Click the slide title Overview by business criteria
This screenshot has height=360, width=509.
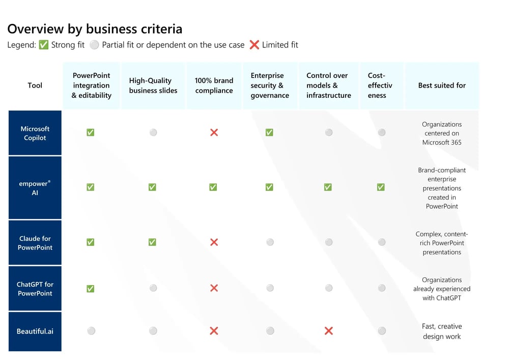(95, 29)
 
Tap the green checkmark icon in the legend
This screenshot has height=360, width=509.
(43, 44)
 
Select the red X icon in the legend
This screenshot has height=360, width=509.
(254, 44)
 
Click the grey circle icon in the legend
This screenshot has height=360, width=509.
(94, 44)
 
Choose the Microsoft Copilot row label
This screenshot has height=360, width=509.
(35, 133)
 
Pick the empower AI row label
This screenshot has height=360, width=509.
(35, 188)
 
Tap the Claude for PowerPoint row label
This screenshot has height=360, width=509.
(35, 243)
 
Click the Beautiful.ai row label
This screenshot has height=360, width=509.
(35, 331)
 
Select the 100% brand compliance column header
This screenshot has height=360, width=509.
(214, 86)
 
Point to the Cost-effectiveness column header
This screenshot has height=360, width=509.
(380, 86)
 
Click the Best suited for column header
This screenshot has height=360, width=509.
(442, 86)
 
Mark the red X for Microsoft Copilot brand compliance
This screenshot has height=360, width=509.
(214, 132)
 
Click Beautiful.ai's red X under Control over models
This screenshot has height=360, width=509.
(328, 331)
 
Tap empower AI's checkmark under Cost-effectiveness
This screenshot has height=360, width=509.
(381, 187)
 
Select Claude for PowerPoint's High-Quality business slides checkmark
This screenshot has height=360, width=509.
(152, 242)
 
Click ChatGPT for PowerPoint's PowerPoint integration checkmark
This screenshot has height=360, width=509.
(91, 289)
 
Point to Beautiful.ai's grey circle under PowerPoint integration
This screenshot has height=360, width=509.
(91, 331)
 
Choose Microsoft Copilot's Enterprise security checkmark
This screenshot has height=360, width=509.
(269, 132)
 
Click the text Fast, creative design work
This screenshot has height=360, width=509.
(442, 331)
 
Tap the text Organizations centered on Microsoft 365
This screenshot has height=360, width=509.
(442, 133)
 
